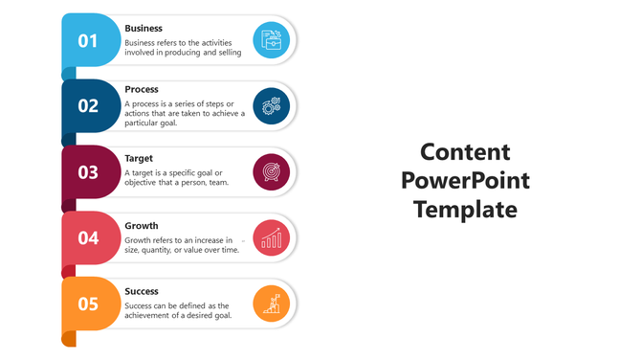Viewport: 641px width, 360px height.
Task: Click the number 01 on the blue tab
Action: (x=88, y=40)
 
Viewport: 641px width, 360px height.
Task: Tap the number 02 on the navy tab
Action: (x=88, y=106)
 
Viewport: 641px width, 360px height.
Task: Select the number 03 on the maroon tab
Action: (x=88, y=172)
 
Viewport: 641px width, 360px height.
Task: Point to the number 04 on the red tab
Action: (x=88, y=237)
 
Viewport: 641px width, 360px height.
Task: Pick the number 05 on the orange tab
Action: (x=88, y=304)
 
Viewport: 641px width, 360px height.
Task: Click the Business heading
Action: (x=144, y=29)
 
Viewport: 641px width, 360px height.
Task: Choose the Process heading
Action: (x=142, y=89)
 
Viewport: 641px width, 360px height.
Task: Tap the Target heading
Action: (x=139, y=158)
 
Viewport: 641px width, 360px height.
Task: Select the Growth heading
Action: (x=142, y=226)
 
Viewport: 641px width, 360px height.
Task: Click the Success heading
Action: (x=142, y=291)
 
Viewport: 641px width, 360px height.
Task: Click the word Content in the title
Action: (x=465, y=152)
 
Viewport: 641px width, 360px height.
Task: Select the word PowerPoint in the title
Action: (x=465, y=181)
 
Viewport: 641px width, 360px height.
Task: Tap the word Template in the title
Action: (x=465, y=210)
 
